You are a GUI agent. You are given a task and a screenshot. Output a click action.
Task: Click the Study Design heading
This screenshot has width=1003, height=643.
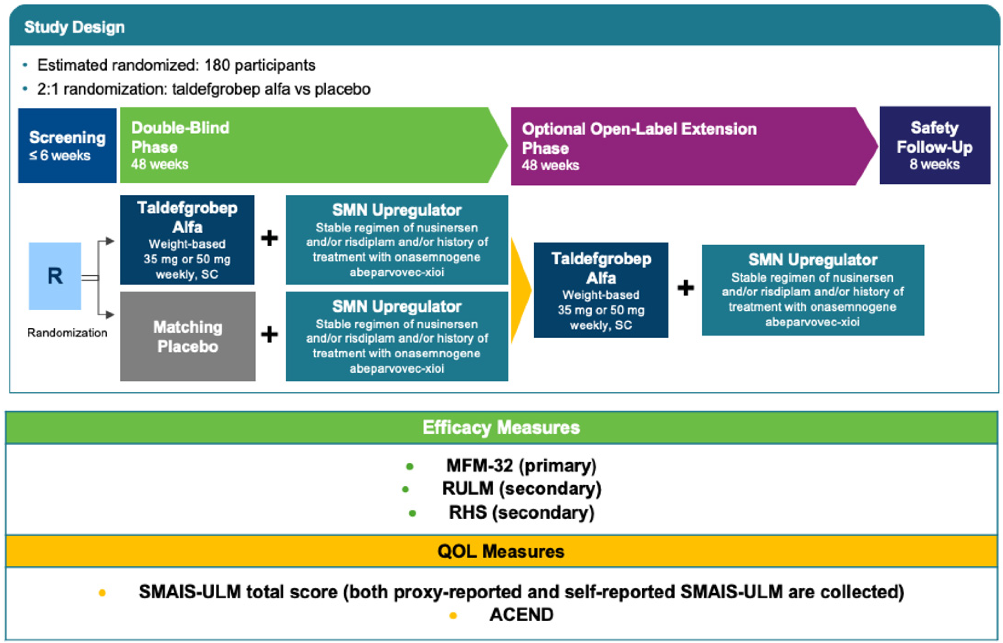74,27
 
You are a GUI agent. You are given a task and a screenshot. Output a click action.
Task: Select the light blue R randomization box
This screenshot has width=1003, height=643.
55,276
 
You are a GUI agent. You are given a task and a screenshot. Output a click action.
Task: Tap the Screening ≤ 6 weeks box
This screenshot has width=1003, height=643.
67,146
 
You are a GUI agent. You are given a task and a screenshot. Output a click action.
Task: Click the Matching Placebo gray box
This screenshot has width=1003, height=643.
187,336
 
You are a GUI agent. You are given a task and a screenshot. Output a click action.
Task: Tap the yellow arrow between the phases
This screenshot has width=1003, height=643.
520,290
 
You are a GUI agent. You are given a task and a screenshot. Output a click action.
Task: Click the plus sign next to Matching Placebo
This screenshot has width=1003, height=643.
269,335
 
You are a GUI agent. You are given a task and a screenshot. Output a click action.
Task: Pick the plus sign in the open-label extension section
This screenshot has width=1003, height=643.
686,288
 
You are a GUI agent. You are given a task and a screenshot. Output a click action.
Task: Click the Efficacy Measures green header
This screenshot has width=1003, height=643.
501,428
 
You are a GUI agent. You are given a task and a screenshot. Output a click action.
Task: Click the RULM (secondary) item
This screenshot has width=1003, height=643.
521,489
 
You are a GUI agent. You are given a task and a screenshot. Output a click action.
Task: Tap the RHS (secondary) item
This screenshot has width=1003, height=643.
521,512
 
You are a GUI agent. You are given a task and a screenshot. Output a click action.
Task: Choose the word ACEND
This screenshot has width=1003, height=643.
521,615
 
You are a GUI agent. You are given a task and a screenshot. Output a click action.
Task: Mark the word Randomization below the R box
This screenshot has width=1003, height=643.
67,333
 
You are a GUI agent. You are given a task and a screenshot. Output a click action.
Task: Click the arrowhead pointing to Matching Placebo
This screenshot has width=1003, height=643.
110,314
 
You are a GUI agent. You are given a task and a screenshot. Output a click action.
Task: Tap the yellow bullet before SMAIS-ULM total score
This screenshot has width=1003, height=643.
102,593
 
